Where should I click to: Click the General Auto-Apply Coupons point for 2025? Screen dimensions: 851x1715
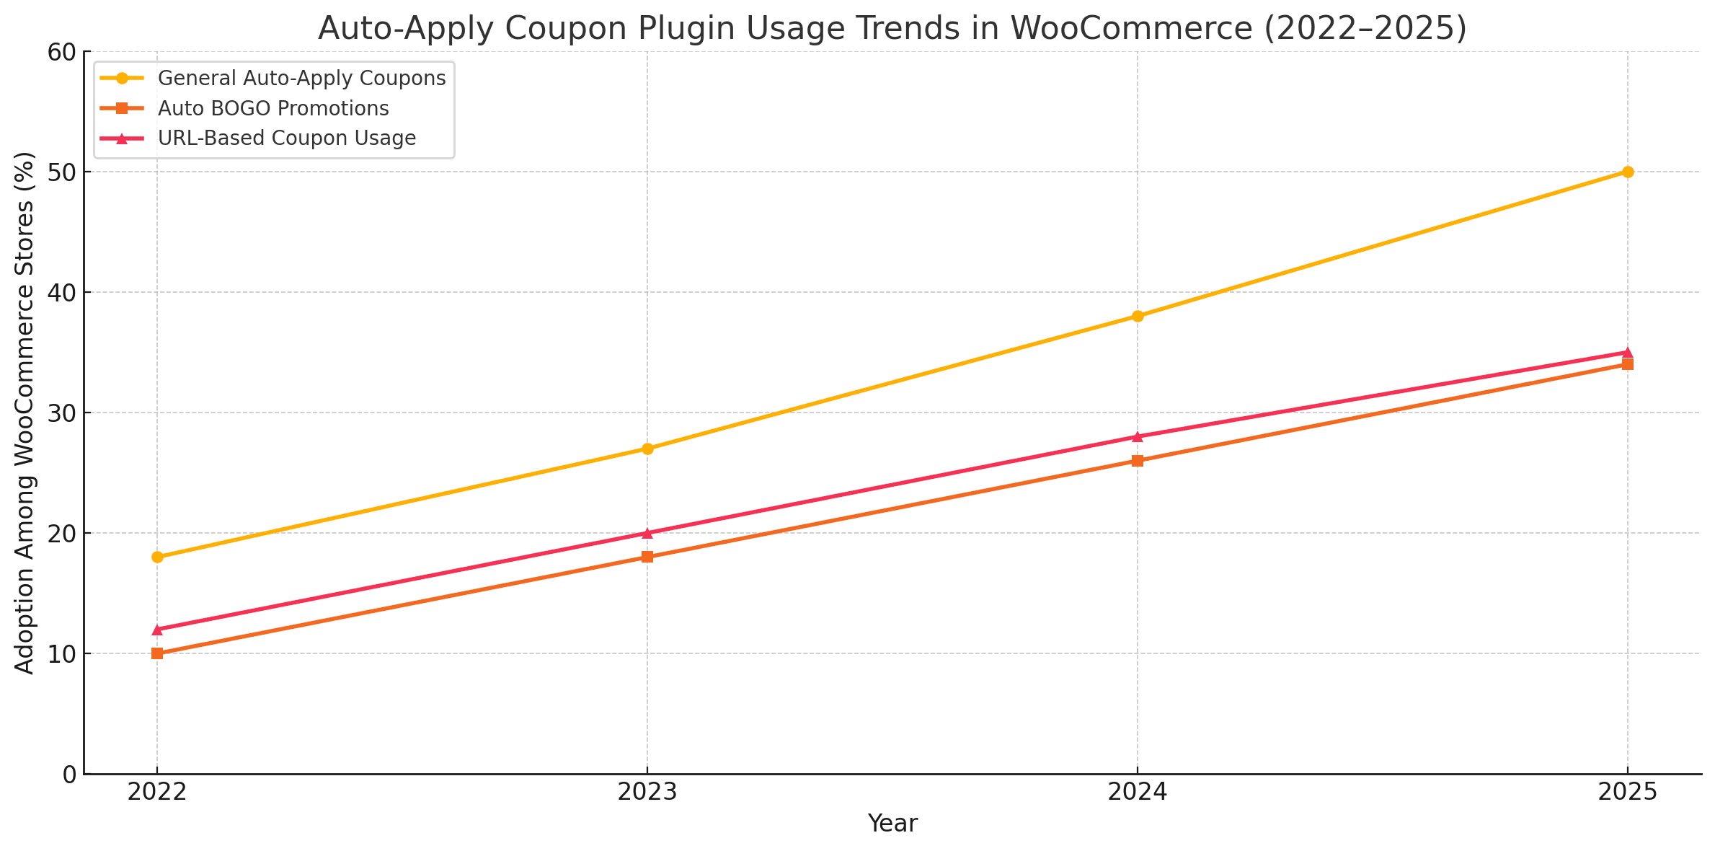(1627, 172)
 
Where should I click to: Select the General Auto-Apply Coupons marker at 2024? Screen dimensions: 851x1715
(1138, 316)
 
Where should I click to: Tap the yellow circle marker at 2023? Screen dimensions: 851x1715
(647, 449)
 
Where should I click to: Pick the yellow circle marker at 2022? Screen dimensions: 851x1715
(157, 557)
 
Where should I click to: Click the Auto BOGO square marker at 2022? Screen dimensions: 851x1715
(157, 653)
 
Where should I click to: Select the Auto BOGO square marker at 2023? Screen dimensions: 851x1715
(647, 557)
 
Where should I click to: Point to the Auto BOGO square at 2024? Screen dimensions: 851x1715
(1138, 461)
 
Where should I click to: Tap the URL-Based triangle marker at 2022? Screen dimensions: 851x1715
(157, 630)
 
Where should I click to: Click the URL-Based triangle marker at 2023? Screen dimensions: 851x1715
(647, 533)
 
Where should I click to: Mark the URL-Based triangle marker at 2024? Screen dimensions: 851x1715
(1138, 436)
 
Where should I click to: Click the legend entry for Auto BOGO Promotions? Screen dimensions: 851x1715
(273, 108)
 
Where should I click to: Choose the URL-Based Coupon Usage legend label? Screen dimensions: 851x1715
(286, 138)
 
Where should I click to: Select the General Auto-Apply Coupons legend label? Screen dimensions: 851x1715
(301, 78)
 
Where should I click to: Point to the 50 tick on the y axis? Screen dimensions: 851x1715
(62, 172)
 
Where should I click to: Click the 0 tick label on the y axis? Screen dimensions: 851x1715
(70, 775)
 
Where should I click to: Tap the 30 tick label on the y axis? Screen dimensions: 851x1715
(62, 413)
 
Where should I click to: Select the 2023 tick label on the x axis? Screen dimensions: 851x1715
(647, 793)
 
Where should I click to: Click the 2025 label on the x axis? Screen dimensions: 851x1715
(1627, 793)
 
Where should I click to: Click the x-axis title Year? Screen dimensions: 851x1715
(892, 824)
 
